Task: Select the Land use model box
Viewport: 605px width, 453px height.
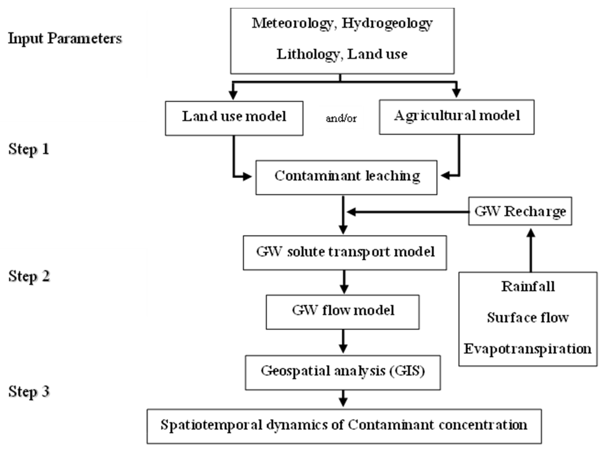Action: click(234, 118)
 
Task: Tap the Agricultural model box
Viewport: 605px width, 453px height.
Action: click(457, 117)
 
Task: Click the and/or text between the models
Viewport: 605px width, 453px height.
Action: click(341, 118)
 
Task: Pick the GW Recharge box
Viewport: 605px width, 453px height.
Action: click(520, 211)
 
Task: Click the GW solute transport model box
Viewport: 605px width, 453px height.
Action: click(345, 253)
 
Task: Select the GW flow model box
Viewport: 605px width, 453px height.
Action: click(343, 312)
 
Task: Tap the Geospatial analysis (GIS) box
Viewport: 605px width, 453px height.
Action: click(343, 372)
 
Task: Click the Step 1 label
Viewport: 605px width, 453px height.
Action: click(29, 149)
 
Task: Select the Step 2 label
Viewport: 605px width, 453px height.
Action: click(29, 276)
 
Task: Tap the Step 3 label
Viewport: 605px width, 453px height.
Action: click(29, 391)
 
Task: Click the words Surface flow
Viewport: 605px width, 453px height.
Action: click(528, 317)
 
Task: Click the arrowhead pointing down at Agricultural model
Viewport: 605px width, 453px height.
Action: click(456, 93)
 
